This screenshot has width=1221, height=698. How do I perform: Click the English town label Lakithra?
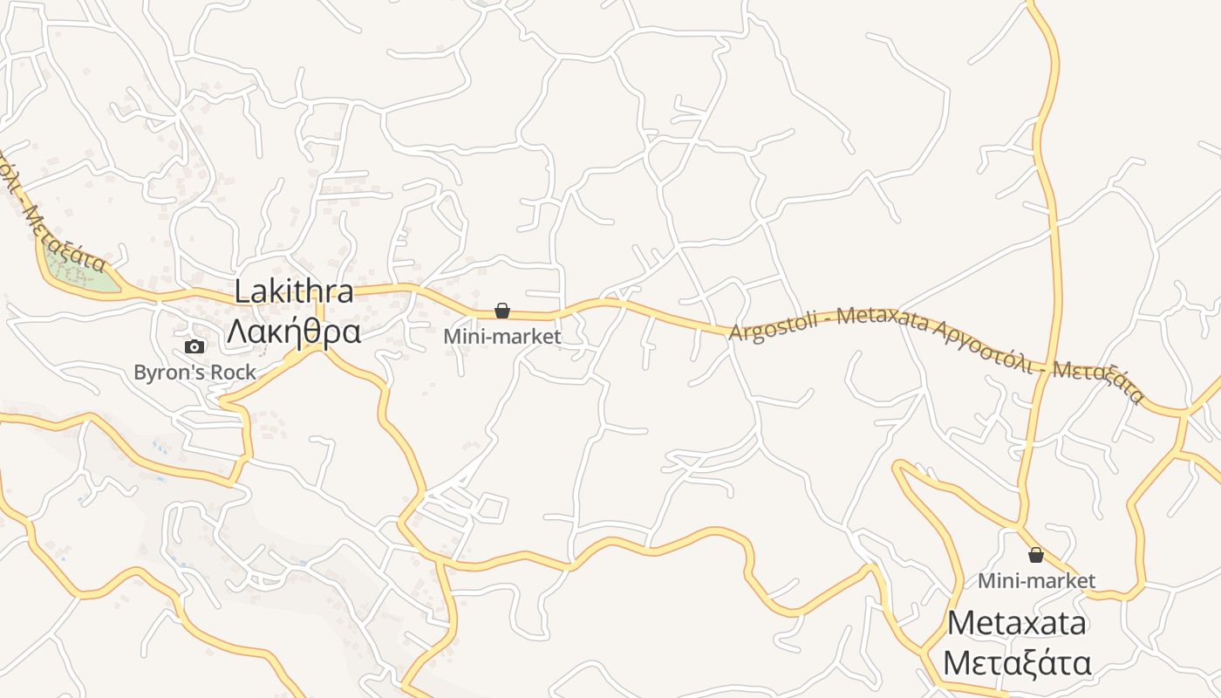(x=294, y=291)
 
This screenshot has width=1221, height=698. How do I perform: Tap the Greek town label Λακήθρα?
(x=294, y=332)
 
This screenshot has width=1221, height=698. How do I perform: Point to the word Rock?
(x=235, y=373)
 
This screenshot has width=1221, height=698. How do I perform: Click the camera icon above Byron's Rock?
(x=194, y=346)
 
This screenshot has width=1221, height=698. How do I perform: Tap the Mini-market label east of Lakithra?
(x=502, y=335)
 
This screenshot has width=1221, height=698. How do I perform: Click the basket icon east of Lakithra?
(x=502, y=310)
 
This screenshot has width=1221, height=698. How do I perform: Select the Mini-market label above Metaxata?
(x=1036, y=580)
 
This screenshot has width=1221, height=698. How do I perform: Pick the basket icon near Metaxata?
(x=1036, y=555)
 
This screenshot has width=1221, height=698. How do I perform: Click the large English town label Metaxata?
(x=1017, y=623)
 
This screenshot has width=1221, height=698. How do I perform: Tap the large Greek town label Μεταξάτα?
(x=1017, y=663)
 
